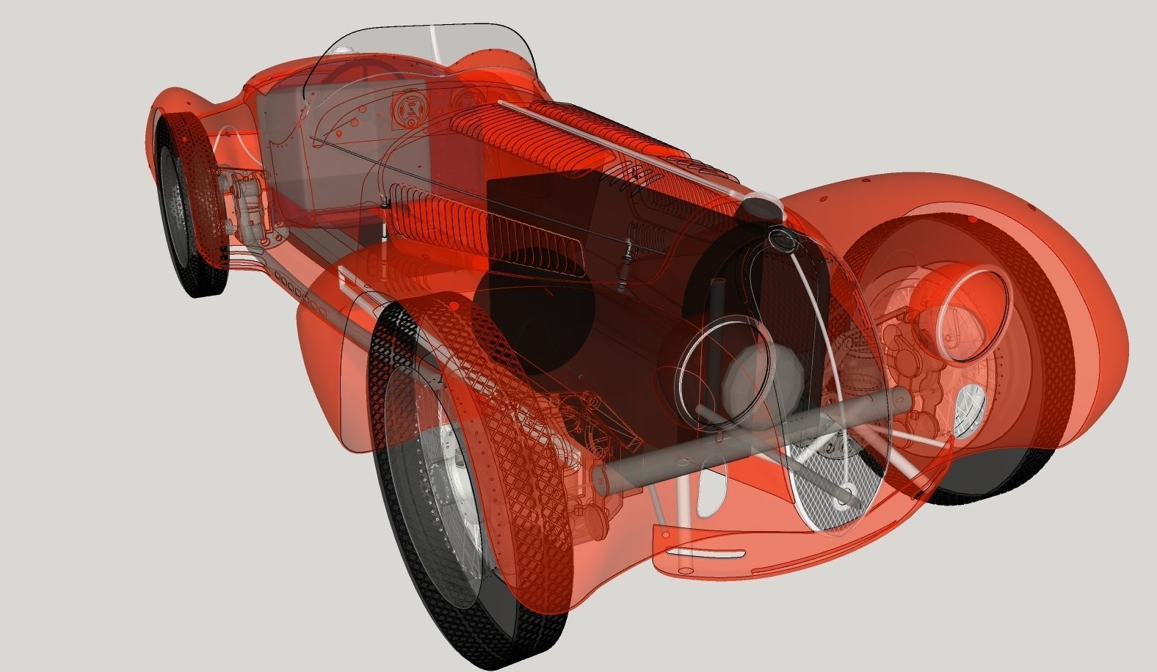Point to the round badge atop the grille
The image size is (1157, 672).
point(779,238)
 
